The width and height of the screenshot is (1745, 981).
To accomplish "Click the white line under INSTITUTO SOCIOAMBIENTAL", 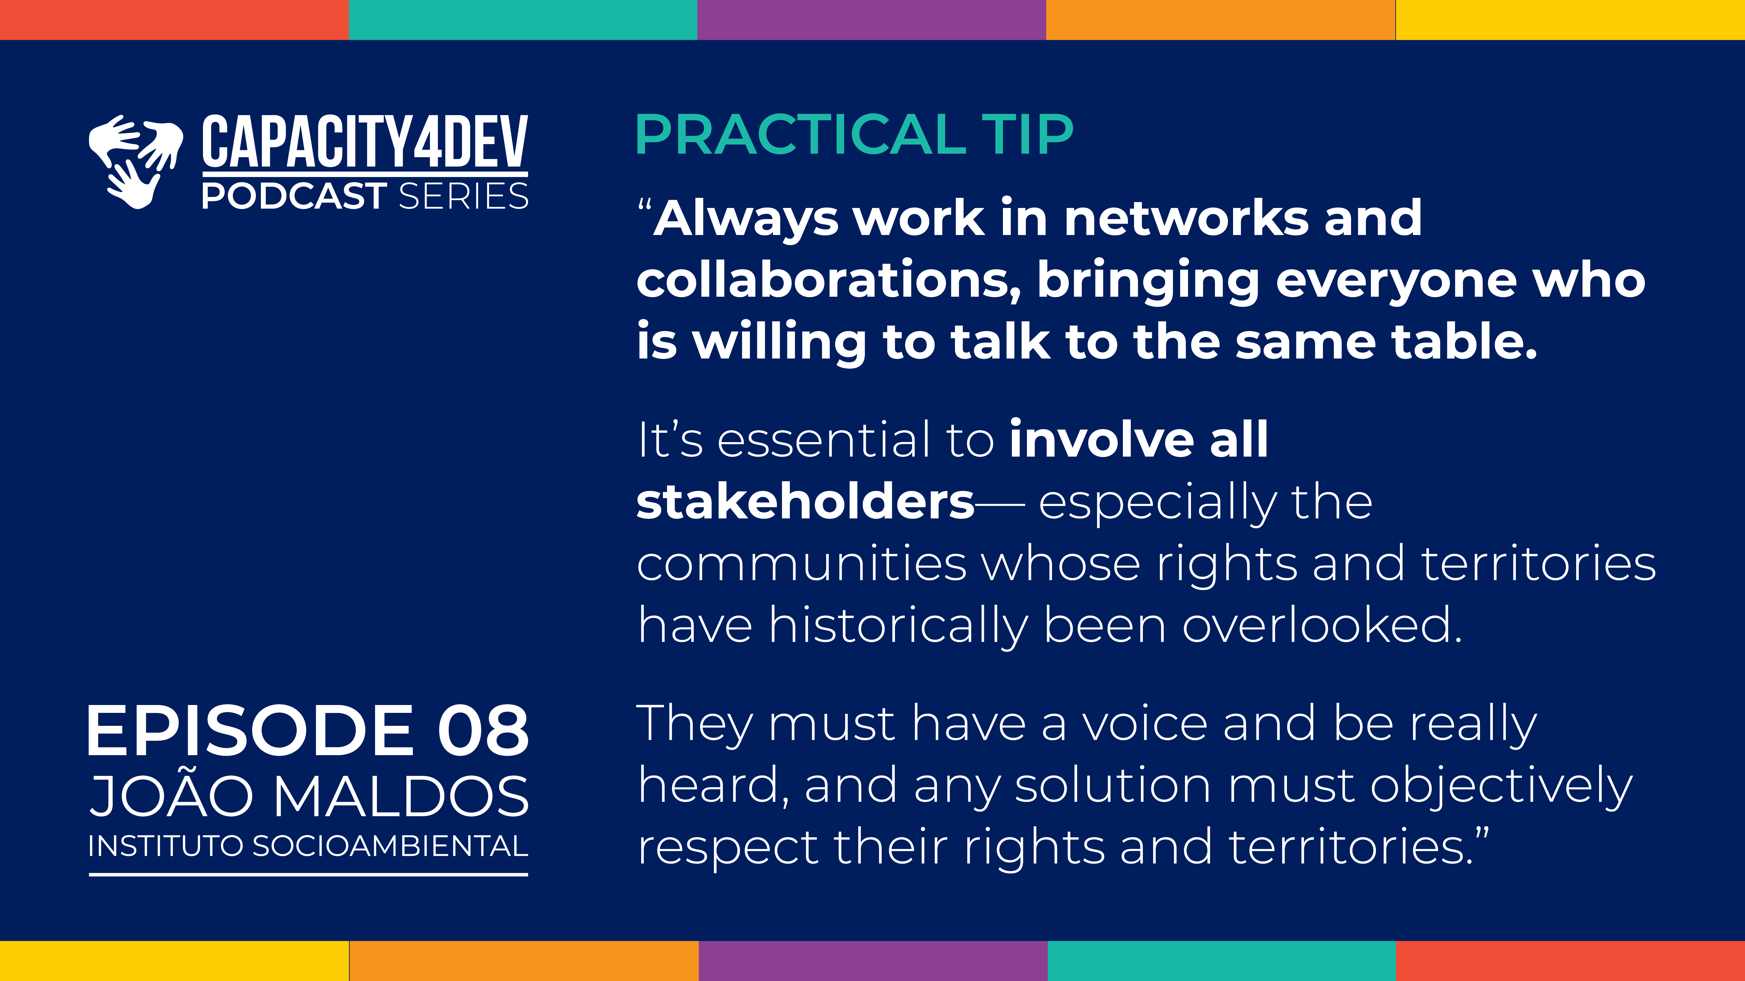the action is pos(308,875).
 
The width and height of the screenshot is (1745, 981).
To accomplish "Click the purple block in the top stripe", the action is pos(872,20).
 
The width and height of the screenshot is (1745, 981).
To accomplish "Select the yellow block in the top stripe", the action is pos(1570,20).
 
